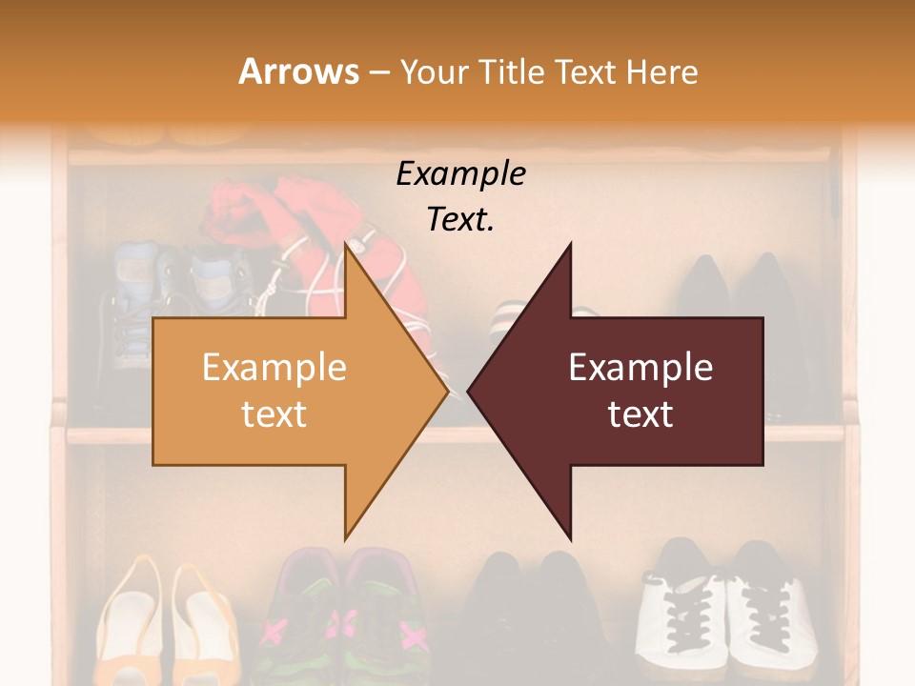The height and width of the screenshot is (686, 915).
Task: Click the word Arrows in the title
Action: (x=298, y=71)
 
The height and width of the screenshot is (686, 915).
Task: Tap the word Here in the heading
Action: (x=662, y=71)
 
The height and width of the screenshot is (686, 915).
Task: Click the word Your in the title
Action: (x=434, y=71)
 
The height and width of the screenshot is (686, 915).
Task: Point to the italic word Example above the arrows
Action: (x=460, y=174)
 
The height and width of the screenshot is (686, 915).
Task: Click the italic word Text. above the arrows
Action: (x=460, y=219)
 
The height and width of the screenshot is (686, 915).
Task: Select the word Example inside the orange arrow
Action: (x=274, y=368)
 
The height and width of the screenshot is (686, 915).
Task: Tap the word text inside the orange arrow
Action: (x=274, y=414)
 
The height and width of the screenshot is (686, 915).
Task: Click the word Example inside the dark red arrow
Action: (x=640, y=368)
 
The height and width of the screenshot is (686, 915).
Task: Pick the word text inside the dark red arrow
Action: (x=640, y=414)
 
